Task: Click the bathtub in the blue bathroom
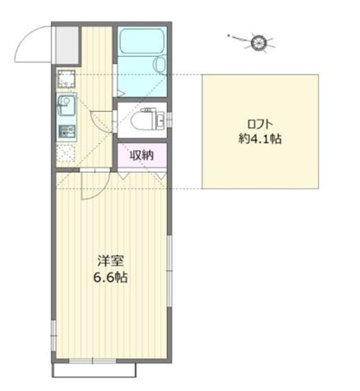pyautogui.click(x=142, y=41)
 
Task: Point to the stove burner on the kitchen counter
pyautogui.click(x=67, y=132)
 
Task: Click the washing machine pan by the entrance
pyautogui.click(x=67, y=79)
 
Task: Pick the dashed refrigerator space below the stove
pyautogui.click(x=65, y=152)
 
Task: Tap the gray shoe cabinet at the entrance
pyautogui.click(x=67, y=45)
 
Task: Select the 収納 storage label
pyautogui.click(x=142, y=155)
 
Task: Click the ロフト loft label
pyautogui.click(x=260, y=124)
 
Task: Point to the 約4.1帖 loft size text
pyautogui.click(x=260, y=139)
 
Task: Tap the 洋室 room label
pyautogui.click(x=110, y=261)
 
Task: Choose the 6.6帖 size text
pyautogui.click(x=110, y=277)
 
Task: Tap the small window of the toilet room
pyautogui.click(x=170, y=120)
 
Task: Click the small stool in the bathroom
pyautogui.click(x=160, y=64)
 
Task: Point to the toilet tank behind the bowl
pyautogui.click(x=160, y=121)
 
